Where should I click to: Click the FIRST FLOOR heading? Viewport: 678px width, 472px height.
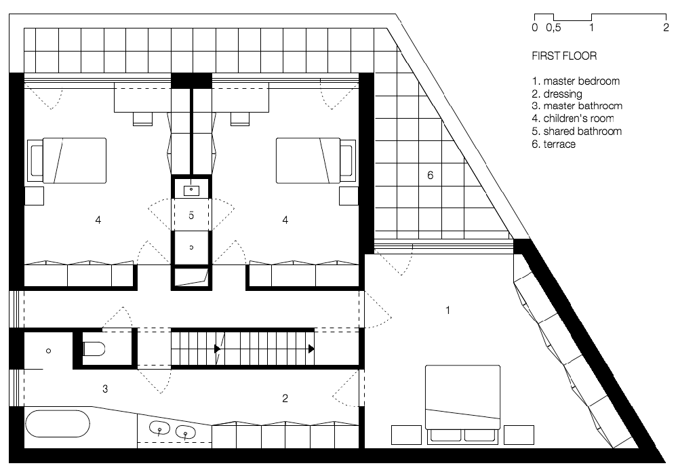(564, 56)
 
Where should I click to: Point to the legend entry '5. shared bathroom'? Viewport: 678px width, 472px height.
(577, 132)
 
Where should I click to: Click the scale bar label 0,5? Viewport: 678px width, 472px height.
(553, 28)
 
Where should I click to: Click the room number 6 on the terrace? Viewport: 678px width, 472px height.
(430, 176)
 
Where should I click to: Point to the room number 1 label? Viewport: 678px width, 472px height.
(447, 311)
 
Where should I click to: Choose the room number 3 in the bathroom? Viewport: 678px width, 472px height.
(105, 389)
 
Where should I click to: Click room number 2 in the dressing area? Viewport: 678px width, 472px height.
(285, 398)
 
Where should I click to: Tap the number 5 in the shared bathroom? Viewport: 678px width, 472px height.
(191, 216)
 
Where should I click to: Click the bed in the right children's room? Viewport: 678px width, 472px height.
(315, 161)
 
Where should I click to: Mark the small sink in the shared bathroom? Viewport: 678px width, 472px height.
(192, 189)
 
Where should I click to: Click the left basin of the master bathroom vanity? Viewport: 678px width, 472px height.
(159, 428)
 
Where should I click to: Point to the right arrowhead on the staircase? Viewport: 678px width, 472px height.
(311, 349)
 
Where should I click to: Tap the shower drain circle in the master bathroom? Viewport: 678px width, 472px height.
(49, 351)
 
